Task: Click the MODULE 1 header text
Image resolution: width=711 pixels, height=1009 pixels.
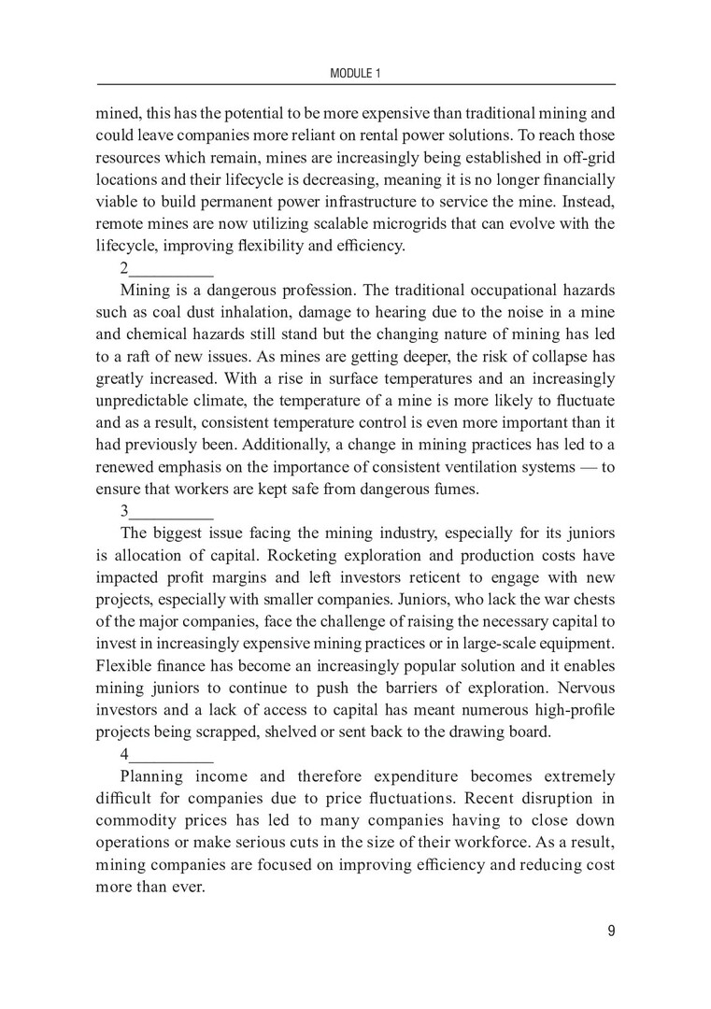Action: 355,72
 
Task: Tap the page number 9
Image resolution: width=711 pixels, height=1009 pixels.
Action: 610,931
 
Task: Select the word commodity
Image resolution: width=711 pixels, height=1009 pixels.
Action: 144,821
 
